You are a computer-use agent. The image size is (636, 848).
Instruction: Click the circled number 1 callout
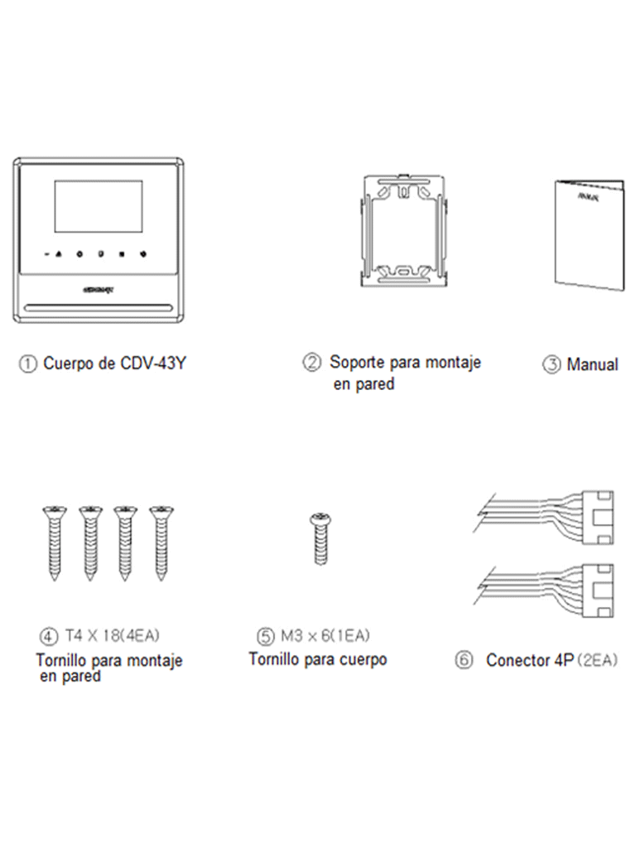point(29,364)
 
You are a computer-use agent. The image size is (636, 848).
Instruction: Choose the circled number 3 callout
point(551,364)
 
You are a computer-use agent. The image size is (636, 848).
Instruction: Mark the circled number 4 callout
point(48,637)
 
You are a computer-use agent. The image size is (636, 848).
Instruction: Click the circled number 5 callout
point(264,637)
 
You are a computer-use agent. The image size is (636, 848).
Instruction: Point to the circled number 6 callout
point(465,662)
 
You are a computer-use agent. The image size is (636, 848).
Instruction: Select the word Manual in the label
point(592,364)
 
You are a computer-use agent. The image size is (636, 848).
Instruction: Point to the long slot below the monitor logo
point(99,311)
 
